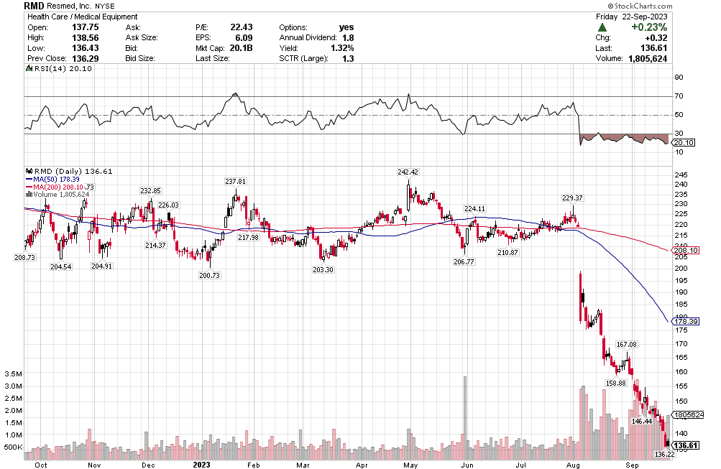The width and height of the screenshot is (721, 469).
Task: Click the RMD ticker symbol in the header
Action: tap(33, 5)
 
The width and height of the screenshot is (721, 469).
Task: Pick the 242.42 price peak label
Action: tap(407, 172)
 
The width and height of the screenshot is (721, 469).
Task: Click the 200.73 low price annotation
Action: tap(209, 276)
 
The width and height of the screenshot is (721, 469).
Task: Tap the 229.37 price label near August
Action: tap(572, 198)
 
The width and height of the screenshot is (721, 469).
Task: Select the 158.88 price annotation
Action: tap(616, 384)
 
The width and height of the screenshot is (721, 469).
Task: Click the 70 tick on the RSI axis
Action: tap(678, 96)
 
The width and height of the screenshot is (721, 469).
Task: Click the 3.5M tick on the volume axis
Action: tap(12, 374)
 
